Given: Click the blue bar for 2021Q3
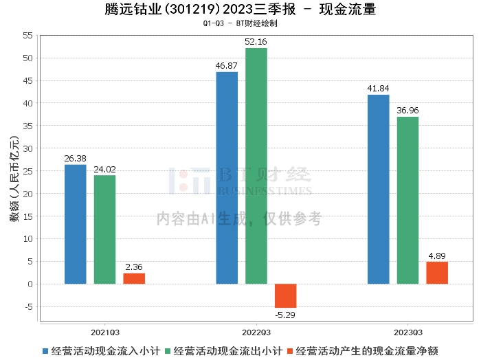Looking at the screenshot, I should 76,224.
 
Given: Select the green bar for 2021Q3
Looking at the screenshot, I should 104,229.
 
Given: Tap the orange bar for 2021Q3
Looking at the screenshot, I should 134,278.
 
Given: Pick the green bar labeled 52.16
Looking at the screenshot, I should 256,166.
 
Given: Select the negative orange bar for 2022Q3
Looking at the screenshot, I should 286,295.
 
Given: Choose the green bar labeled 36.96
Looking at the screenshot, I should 407,200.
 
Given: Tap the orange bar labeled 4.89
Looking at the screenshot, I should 437,273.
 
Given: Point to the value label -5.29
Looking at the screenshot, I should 286,315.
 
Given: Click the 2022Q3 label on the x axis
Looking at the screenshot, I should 256,331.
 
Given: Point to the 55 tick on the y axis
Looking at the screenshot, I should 27,35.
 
